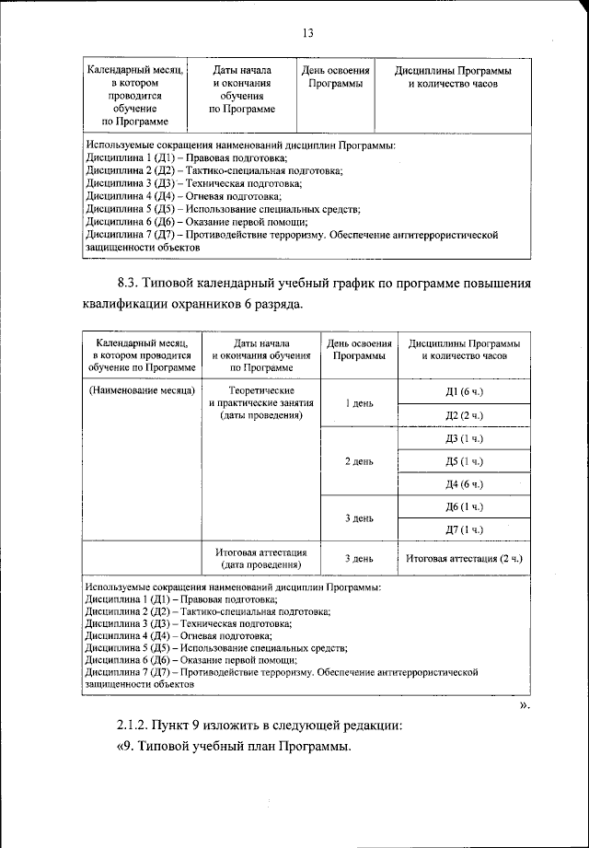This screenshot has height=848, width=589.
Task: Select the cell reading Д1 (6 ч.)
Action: pyautogui.click(x=463, y=393)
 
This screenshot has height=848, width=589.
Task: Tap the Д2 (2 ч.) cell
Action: pyautogui.click(x=463, y=415)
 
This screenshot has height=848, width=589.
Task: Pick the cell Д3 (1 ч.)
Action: pyautogui.click(x=463, y=438)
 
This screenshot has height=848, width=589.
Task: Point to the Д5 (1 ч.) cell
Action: pyautogui.click(x=463, y=461)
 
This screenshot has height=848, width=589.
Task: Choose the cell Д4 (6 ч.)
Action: pyautogui.click(x=463, y=484)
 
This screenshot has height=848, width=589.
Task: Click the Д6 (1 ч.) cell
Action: pyautogui.click(x=463, y=507)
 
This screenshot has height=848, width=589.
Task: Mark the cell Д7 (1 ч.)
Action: pyautogui.click(x=463, y=530)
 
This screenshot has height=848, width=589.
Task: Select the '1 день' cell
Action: pyautogui.click(x=358, y=404)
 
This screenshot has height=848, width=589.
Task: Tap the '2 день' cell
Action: pyautogui.click(x=358, y=461)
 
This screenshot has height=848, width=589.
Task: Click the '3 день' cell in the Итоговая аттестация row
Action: pyautogui.click(x=358, y=558)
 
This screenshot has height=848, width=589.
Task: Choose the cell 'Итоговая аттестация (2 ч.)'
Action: pyautogui.click(x=463, y=558)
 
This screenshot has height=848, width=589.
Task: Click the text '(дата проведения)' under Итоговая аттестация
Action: pyautogui.click(x=261, y=564)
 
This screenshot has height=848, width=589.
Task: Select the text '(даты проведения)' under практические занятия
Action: pyautogui.click(x=261, y=416)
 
